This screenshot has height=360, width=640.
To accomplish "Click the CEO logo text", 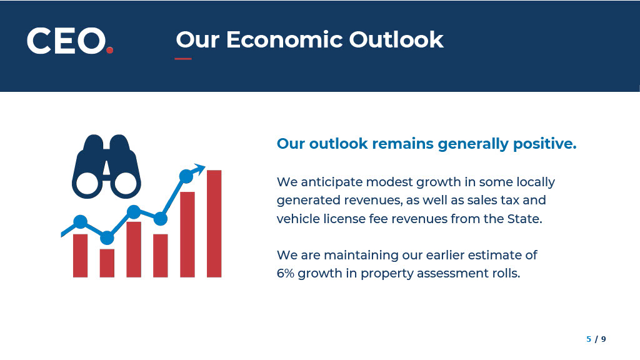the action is [x=66, y=41].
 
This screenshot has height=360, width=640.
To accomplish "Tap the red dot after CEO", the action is [x=109, y=50].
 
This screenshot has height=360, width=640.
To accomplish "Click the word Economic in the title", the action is [x=284, y=39].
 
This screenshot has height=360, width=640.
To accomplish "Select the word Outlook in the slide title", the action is [x=396, y=39].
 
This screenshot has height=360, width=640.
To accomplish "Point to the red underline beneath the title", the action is [x=183, y=59].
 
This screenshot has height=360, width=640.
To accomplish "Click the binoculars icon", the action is [x=106, y=166].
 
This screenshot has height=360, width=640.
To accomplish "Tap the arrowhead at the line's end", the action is [x=199, y=169].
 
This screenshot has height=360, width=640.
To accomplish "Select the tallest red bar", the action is [x=214, y=224].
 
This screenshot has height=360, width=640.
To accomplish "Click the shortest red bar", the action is [x=107, y=263].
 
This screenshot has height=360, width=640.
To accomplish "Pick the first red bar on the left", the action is [x=81, y=256].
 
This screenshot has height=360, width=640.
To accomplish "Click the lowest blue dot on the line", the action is [x=107, y=237].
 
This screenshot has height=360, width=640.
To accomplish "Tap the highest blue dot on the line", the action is [x=186, y=176].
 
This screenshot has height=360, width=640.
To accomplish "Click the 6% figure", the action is [x=285, y=273].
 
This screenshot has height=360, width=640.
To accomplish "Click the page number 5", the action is [x=589, y=339].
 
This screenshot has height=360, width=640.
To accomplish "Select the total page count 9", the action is [x=603, y=339].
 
